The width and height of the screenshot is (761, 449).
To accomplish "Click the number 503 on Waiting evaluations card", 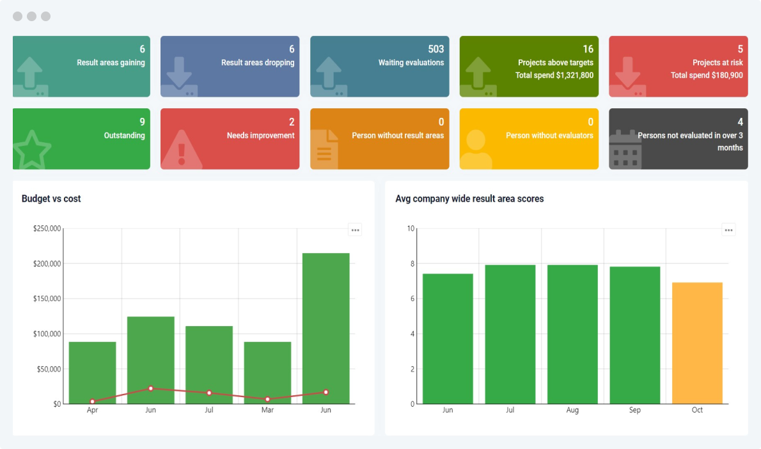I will coord(435,49).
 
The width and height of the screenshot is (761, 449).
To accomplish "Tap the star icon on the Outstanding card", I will coord(31,150).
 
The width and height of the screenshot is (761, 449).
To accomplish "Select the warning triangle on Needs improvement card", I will coord(181,152).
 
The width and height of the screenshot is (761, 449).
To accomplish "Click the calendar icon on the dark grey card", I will coord(625,151).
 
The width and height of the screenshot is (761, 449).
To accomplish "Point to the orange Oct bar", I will coord(697,343).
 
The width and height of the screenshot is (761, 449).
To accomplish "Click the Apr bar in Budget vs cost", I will coord(93,372).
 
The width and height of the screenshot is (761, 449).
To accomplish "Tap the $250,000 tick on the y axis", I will coord(47,229).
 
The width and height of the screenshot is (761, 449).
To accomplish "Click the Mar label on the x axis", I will coord(267,410).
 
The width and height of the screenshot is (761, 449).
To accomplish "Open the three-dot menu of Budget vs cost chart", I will coord(355,230).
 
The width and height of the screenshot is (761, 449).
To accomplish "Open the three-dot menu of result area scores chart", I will coord(728,230).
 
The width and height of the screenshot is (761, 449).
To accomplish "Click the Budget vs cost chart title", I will coord(51,199).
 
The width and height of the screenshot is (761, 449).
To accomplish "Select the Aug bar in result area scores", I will coord(572,334).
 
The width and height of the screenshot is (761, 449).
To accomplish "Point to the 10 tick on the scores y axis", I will coord(411,229).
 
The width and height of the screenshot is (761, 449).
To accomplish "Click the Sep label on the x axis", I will coord(634,410).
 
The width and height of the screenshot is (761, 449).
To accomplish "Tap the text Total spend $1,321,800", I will coord(554,76).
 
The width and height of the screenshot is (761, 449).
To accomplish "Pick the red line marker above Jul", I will coord(209,393).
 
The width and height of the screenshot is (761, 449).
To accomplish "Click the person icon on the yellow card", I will coord(476,150).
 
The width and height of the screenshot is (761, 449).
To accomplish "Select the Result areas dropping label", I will coord(258,63).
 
